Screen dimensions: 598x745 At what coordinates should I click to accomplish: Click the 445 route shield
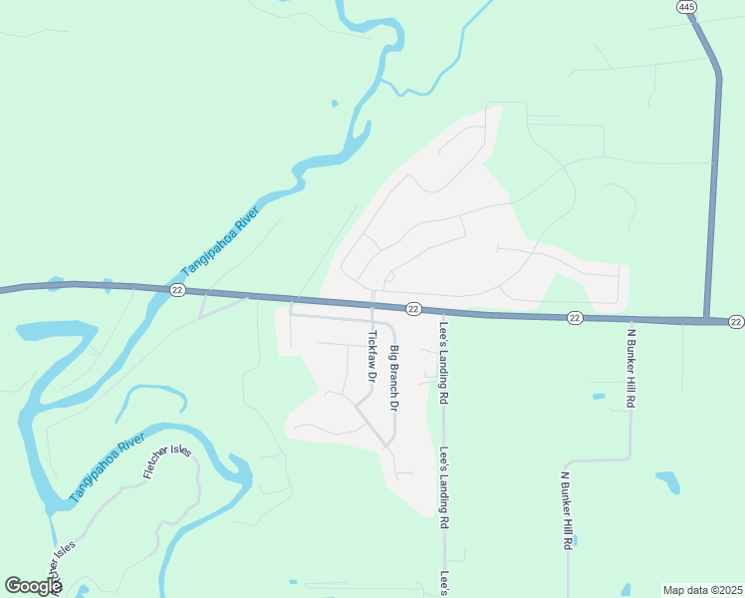point(686,7)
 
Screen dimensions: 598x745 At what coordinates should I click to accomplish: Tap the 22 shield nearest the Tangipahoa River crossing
point(177,290)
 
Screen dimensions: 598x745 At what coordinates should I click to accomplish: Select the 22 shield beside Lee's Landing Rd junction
point(413,309)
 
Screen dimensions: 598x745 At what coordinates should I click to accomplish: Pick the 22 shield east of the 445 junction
point(736,321)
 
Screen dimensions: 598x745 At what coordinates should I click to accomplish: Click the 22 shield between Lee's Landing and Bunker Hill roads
point(575,317)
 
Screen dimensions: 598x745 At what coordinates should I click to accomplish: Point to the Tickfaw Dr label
point(371,358)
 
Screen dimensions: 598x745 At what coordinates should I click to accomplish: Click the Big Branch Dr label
point(393,379)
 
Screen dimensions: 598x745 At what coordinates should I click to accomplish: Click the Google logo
point(33,586)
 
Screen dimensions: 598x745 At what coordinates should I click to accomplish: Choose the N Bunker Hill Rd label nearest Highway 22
point(630,366)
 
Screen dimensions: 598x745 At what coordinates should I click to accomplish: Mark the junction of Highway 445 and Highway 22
point(707,321)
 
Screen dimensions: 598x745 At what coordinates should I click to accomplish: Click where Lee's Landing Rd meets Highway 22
point(443,313)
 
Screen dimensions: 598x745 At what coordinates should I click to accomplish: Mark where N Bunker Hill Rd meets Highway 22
point(630,319)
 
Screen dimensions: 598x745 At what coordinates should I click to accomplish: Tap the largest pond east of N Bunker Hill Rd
point(668,482)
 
